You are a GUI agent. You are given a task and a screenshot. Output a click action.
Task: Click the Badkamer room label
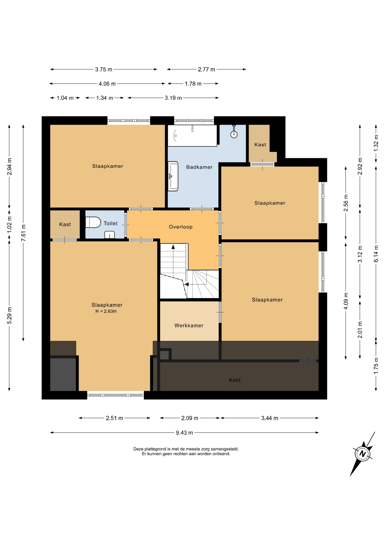click(x=199, y=167)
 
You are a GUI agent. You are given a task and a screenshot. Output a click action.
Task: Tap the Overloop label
click(x=181, y=227)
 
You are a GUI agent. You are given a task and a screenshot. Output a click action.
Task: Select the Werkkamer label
click(x=189, y=326)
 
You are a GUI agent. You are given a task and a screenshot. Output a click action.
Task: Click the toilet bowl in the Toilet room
click(x=93, y=222)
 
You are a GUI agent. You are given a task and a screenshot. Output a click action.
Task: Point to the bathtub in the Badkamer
click(x=192, y=135)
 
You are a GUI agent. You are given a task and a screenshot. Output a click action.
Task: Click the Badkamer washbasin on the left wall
click(x=173, y=176)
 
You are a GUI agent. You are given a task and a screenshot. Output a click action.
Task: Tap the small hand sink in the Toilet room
click(x=109, y=235)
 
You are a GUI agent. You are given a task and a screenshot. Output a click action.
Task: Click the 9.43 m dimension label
click(x=184, y=433)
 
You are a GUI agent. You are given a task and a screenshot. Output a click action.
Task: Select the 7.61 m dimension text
click(x=23, y=233)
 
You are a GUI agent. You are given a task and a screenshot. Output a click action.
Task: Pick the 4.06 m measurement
click(x=107, y=84)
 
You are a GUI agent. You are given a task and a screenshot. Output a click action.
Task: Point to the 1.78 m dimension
click(x=193, y=84)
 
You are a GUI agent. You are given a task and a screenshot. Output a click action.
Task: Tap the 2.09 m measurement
click(x=190, y=418)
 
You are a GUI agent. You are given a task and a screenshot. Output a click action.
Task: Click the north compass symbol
click(x=363, y=454)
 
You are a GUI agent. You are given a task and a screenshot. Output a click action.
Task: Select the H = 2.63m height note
click(x=106, y=311)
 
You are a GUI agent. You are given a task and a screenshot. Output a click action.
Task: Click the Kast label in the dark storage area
click(x=235, y=380)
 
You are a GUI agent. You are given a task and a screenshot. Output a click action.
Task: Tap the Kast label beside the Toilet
click(x=65, y=224)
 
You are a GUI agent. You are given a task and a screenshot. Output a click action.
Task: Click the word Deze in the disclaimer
click(x=138, y=449)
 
